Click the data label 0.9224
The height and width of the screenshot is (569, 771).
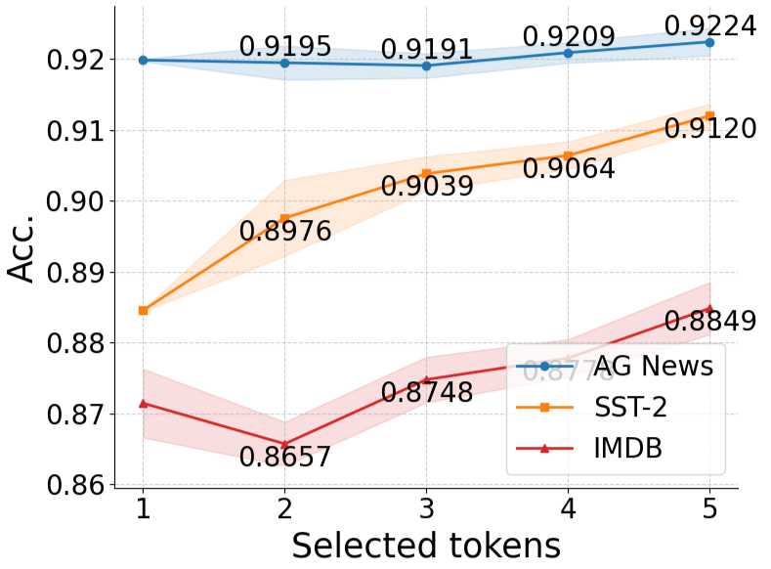[x=709, y=25]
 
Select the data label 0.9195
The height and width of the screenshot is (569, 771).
[x=285, y=46]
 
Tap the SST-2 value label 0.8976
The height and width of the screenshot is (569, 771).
[x=285, y=232]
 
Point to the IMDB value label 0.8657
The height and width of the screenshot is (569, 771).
[x=285, y=457]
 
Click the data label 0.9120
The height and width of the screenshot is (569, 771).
[x=709, y=128]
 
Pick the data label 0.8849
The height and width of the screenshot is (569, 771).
[x=709, y=321]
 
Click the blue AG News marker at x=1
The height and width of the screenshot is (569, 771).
[x=143, y=60]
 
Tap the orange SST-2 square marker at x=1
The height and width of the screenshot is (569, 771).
[x=143, y=310]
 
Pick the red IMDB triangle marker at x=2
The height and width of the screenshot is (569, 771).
[x=284, y=445]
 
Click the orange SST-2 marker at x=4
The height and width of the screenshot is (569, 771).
[x=568, y=155]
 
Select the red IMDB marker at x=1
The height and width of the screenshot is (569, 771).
[x=143, y=403]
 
